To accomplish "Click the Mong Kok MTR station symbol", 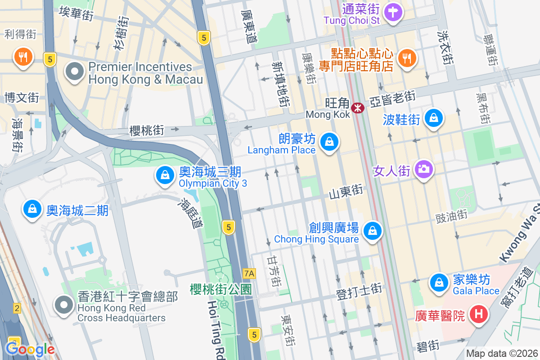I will click(x=358, y=108).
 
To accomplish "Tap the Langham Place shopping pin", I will click(x=329, y=142).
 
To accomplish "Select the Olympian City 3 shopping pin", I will click(x=165, y=175).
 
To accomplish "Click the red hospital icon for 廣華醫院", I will click(x=478, y=314).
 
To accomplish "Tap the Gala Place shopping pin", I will click(x=438, y=283).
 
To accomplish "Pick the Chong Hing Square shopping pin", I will click(x=372, y=231).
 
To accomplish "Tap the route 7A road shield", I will click(x=249, y=273).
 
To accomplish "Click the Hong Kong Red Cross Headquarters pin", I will click(x=64, y=305).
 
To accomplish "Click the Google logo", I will click(x=30, y=349).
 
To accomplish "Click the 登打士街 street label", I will click(x=359, y=290).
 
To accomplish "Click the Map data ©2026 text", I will click(x=502, y=353).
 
